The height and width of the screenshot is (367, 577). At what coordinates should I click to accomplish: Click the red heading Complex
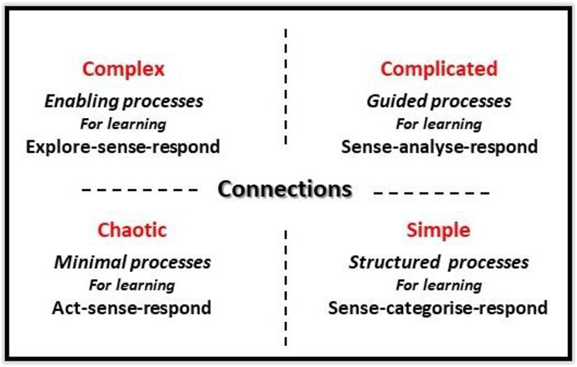pyautogui.click(x=123, y=69)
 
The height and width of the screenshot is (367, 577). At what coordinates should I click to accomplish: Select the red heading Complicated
pyautogui.click(x=439, y=69)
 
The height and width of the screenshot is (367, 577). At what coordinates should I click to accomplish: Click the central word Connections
pyautogui.click(x=285, y=189)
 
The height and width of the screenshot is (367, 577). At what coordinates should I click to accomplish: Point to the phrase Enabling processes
pyautogui.click(x=123, y=101)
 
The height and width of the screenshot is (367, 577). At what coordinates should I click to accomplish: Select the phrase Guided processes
pyautogui.click(x=438, y=101)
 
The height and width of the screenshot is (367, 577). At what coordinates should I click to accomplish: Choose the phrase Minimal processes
pyautogui.click(x=132, y=262)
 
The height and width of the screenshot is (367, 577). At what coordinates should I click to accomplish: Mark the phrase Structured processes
pyautogui.click(x=438, y=262)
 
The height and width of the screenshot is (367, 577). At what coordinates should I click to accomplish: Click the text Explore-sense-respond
pyautogui.click(x=123, y=147)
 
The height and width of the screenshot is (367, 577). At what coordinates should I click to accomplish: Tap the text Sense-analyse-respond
pyautogui.click(x=439, y=147)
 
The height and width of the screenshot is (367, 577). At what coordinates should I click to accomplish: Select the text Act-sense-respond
pyautogui.click(x=132, y=307)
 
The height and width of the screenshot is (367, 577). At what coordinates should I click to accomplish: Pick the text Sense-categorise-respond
pyautogui.click(x=438, y=307)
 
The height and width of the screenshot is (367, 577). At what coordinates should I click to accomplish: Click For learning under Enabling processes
pyautogui.click(x=123, y=124)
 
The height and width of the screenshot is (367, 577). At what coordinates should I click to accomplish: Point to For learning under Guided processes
pyautogui.click(x=438, y=124)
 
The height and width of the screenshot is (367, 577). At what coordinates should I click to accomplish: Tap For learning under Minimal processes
pyautogui.click(x=132, y=285)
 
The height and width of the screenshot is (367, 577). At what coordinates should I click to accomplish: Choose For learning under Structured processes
pyautogui.click(x=438, y=285)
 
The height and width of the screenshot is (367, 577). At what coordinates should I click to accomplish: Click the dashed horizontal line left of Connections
pyautogui.click(x=140, y=191)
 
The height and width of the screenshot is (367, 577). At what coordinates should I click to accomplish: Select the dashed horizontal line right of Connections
pyautogui.click(x=431, y=193)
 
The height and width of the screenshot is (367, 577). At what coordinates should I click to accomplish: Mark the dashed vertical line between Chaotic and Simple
pyautogui.click(x=285, y=287)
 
